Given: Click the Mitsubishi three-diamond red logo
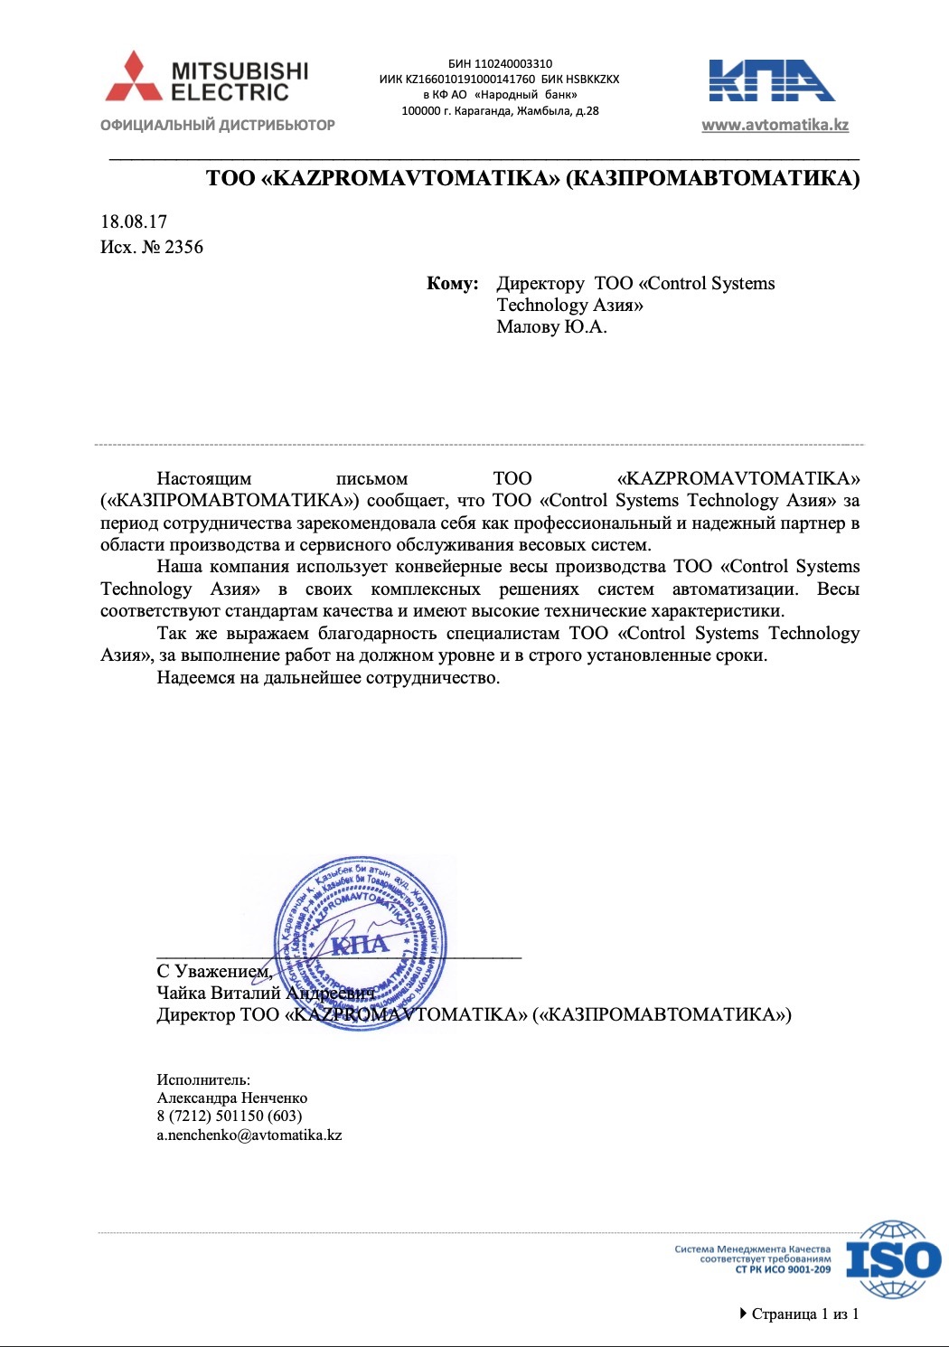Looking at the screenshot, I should pos(134,77).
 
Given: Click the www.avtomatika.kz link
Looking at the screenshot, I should pos(775,125).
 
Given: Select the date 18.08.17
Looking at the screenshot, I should pos(134,221).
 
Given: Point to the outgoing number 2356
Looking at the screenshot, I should pos(183,247).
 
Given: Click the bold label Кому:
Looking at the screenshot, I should pos(452,283).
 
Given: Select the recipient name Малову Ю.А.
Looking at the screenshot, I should pos(551,326).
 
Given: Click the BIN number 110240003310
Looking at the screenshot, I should pos(512,64).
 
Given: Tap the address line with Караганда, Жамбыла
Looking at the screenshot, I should pos(500,111).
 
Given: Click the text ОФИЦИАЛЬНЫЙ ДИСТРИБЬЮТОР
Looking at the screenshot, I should pos(218,125).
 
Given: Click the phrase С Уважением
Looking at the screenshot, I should pos(214,971).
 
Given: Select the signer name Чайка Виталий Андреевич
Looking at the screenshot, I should pos(265,993).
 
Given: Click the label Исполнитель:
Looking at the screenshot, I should pos(203,1079).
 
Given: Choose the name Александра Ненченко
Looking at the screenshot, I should pos(232,1097).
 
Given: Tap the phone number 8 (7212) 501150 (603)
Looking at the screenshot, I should pos(230,1116).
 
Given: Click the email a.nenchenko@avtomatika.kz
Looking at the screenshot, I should pos(249,1135).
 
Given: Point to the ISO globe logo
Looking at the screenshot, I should pos(892,1258).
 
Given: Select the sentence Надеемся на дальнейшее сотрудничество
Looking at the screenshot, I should pos(328,677).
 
